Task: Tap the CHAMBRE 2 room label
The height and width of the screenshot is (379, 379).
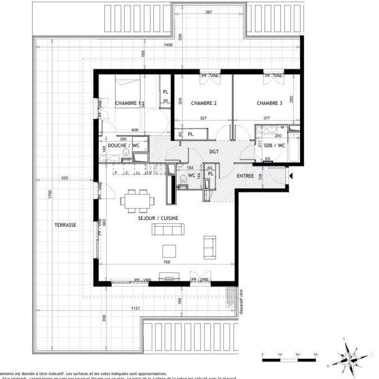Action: pos(204,103)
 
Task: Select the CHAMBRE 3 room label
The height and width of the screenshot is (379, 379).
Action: pos(269,103)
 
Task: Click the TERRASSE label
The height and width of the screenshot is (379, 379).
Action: pos(65,225)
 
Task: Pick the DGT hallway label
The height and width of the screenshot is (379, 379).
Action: pos(215,151)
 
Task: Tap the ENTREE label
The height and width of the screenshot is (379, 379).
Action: pos(245,176)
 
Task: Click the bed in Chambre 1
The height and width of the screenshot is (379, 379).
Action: pos(128,91)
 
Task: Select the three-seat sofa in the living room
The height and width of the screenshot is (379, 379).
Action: pos(168,229)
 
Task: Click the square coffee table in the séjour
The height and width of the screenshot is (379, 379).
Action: pos(169,251)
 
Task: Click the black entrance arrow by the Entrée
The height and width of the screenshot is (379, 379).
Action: pos(291,176)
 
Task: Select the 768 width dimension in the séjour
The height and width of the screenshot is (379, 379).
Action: pos(166,262)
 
